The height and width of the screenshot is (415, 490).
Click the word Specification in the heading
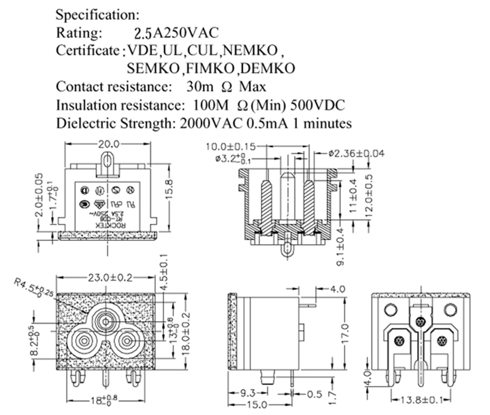[98, 14]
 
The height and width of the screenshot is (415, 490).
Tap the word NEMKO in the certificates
[252, 50]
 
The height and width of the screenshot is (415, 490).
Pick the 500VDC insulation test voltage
[318, 105]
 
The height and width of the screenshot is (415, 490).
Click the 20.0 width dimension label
[108, 144]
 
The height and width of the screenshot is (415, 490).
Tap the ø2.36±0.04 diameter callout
[357, 153]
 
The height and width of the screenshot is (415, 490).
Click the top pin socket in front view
[106, 320]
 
